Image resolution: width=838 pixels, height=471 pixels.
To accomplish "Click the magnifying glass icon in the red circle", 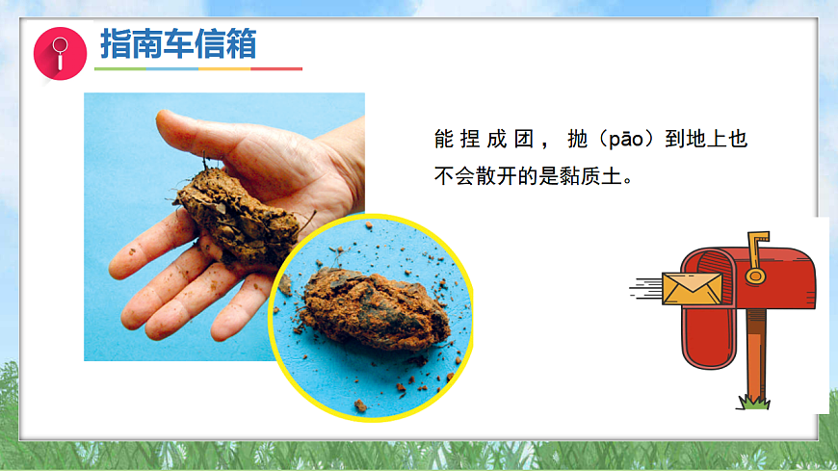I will tap(60, 53).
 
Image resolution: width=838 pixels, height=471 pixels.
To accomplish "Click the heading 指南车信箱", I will tap(177, 44).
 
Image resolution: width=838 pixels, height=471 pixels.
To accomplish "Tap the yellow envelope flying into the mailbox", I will tap(692, 288).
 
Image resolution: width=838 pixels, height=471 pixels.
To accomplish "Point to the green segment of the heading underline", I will tap(119, 69).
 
